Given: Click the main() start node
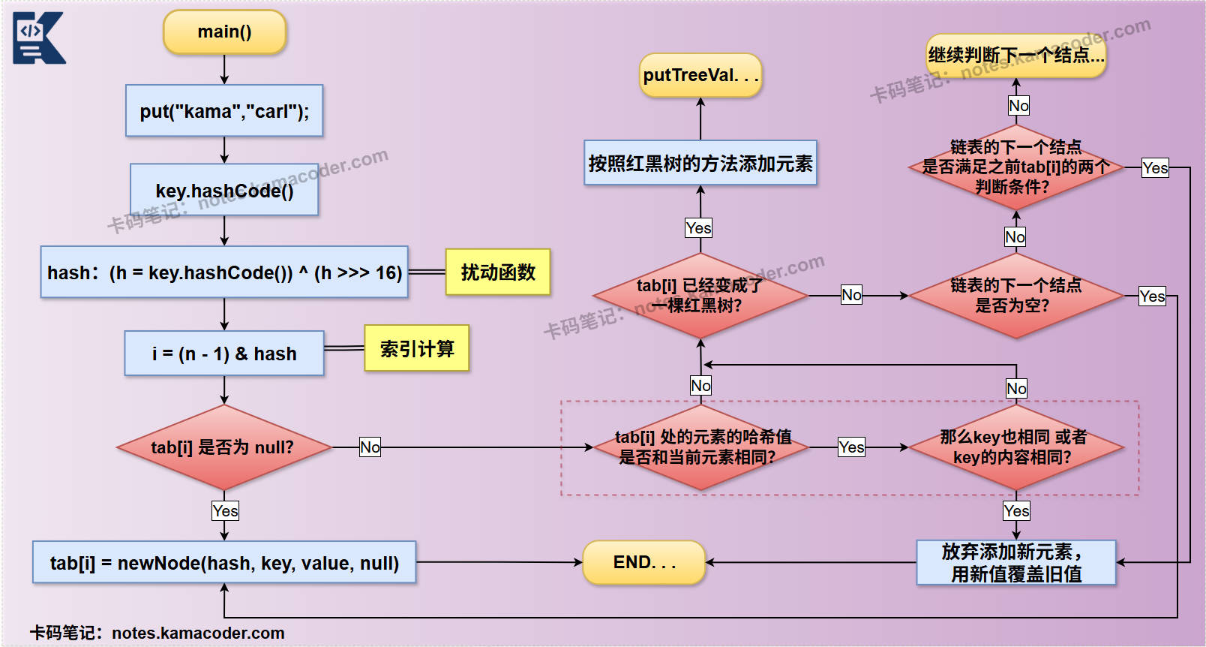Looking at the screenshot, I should (x=224, y=32).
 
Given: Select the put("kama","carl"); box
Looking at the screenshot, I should (x=224, y=111).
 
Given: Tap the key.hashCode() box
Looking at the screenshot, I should (x=224, y=191).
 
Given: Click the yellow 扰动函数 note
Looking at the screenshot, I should (x=498, y=272).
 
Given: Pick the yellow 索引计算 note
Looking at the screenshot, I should (x=417, y=348).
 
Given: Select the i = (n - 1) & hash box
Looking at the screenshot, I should (x=224, y=354).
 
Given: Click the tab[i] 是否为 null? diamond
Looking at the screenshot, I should (x=223, y=447).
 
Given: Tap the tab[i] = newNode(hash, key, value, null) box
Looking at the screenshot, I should (x=224, y=563).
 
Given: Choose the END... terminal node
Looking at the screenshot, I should (x=644, y=562).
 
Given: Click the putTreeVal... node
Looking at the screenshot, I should (x=700, y=75).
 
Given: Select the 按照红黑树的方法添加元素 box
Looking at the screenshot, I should (x=700, y=163).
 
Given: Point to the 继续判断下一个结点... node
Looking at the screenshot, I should (x=1016, y=55).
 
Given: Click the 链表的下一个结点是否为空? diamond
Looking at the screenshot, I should (x=1016, y=296).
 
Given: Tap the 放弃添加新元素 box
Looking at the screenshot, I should (x=1016, y=563).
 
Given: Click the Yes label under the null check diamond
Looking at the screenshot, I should (x=225, y=511).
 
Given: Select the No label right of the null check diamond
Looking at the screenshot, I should (x=370, y=447).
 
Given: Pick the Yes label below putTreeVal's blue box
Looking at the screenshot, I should (x=698, y=228).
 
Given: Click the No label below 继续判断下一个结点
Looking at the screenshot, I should (x=1018, y=106).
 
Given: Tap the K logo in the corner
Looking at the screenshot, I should (x=38, y=38).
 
